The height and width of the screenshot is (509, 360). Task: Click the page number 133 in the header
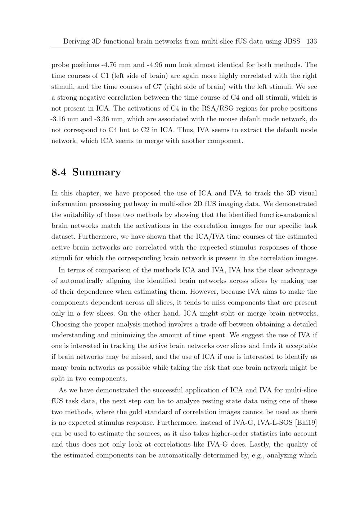[x=311, y=41]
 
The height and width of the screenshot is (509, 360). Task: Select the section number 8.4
[x=59, y=172]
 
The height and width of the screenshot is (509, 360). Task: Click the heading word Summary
[x=96, y=172]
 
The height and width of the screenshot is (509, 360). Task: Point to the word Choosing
[x=66, y=324]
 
